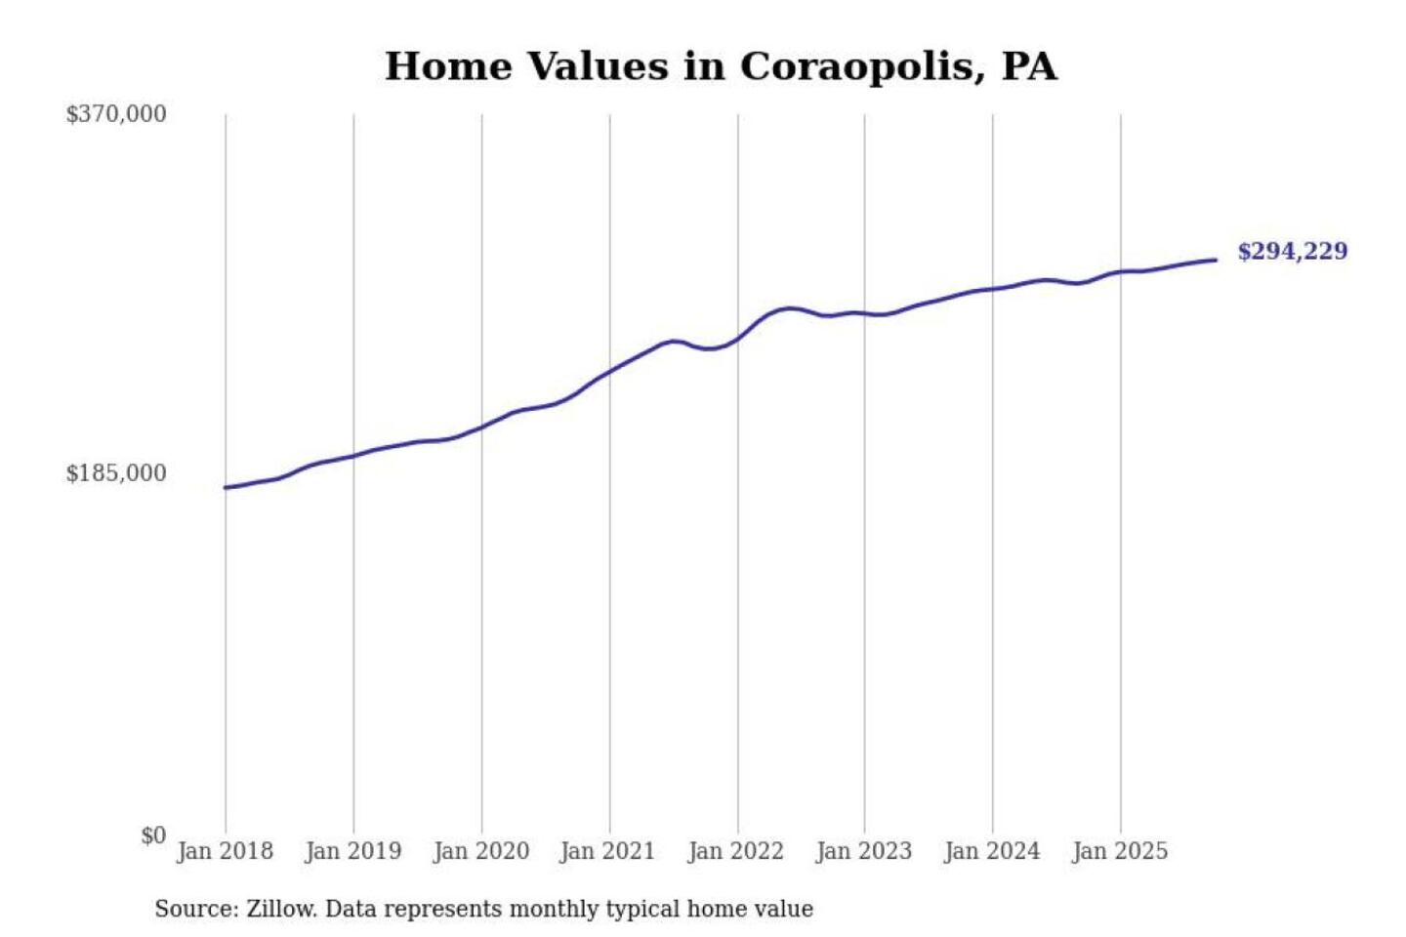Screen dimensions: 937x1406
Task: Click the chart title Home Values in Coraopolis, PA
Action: click(721, 66)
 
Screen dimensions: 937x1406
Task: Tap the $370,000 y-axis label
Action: click(115, 114)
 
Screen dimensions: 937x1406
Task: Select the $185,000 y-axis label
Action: click(115, 473)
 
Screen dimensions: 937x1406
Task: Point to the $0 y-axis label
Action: click(152, 835)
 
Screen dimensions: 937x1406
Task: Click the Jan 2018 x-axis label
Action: click(225, 851)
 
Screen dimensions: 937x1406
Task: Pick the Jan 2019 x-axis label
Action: click(352, 851)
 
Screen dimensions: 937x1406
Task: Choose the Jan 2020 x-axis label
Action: click(480, 851)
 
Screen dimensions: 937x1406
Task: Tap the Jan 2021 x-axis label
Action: click(607, 851)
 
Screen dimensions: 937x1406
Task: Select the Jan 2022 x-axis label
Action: click(735, 851)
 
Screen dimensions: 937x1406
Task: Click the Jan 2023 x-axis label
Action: click(863, 851)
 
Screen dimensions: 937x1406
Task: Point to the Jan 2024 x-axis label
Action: click(991, 851)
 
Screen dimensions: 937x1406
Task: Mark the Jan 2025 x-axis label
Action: click(1119, 851)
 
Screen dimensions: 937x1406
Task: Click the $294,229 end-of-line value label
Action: click(1292, 252)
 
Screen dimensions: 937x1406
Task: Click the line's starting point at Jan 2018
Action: click(226, 487)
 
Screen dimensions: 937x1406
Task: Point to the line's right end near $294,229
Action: click(1215, 260)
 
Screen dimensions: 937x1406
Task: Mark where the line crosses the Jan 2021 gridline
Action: click(610, 371)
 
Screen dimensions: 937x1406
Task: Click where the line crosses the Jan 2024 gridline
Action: click(993, 289)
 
